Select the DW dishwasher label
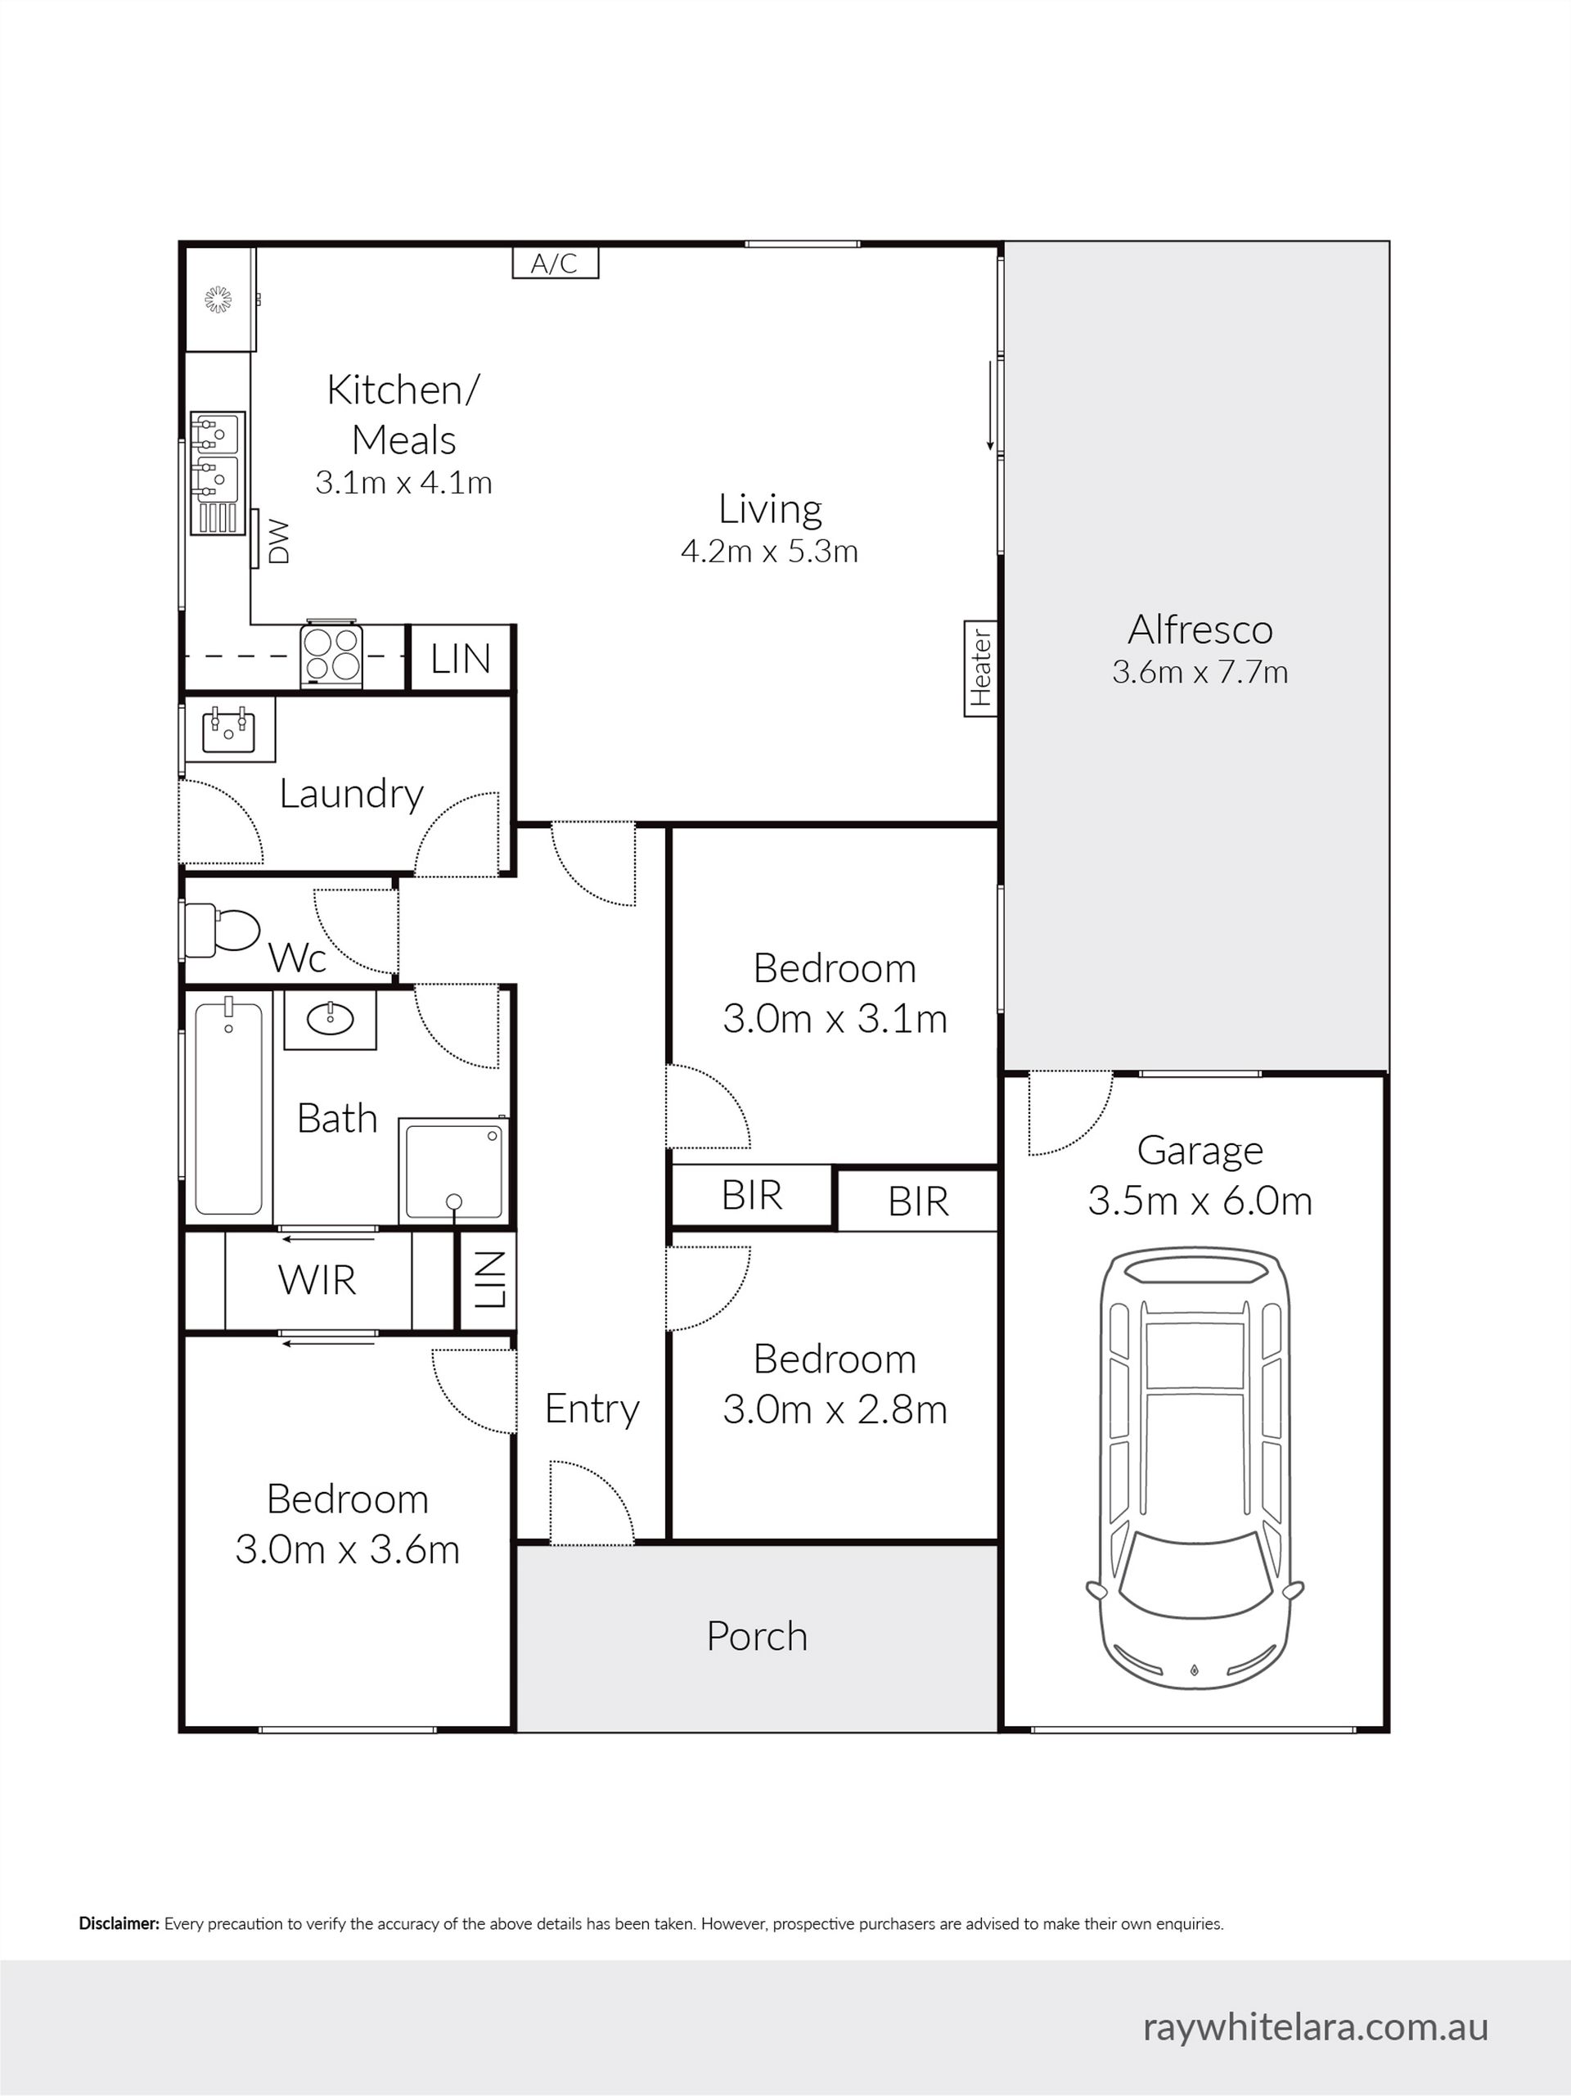277,541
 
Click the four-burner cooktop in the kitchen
332,655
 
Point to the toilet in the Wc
222,931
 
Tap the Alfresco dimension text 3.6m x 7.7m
1200,672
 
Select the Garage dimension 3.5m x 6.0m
1200,1201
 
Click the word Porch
757,1636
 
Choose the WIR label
317,1280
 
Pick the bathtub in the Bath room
228,1106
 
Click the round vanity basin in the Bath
331,1019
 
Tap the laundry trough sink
228,728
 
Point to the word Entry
592,1410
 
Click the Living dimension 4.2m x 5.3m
769,551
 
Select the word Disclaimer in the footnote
119,1923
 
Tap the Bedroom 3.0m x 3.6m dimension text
348,1549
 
